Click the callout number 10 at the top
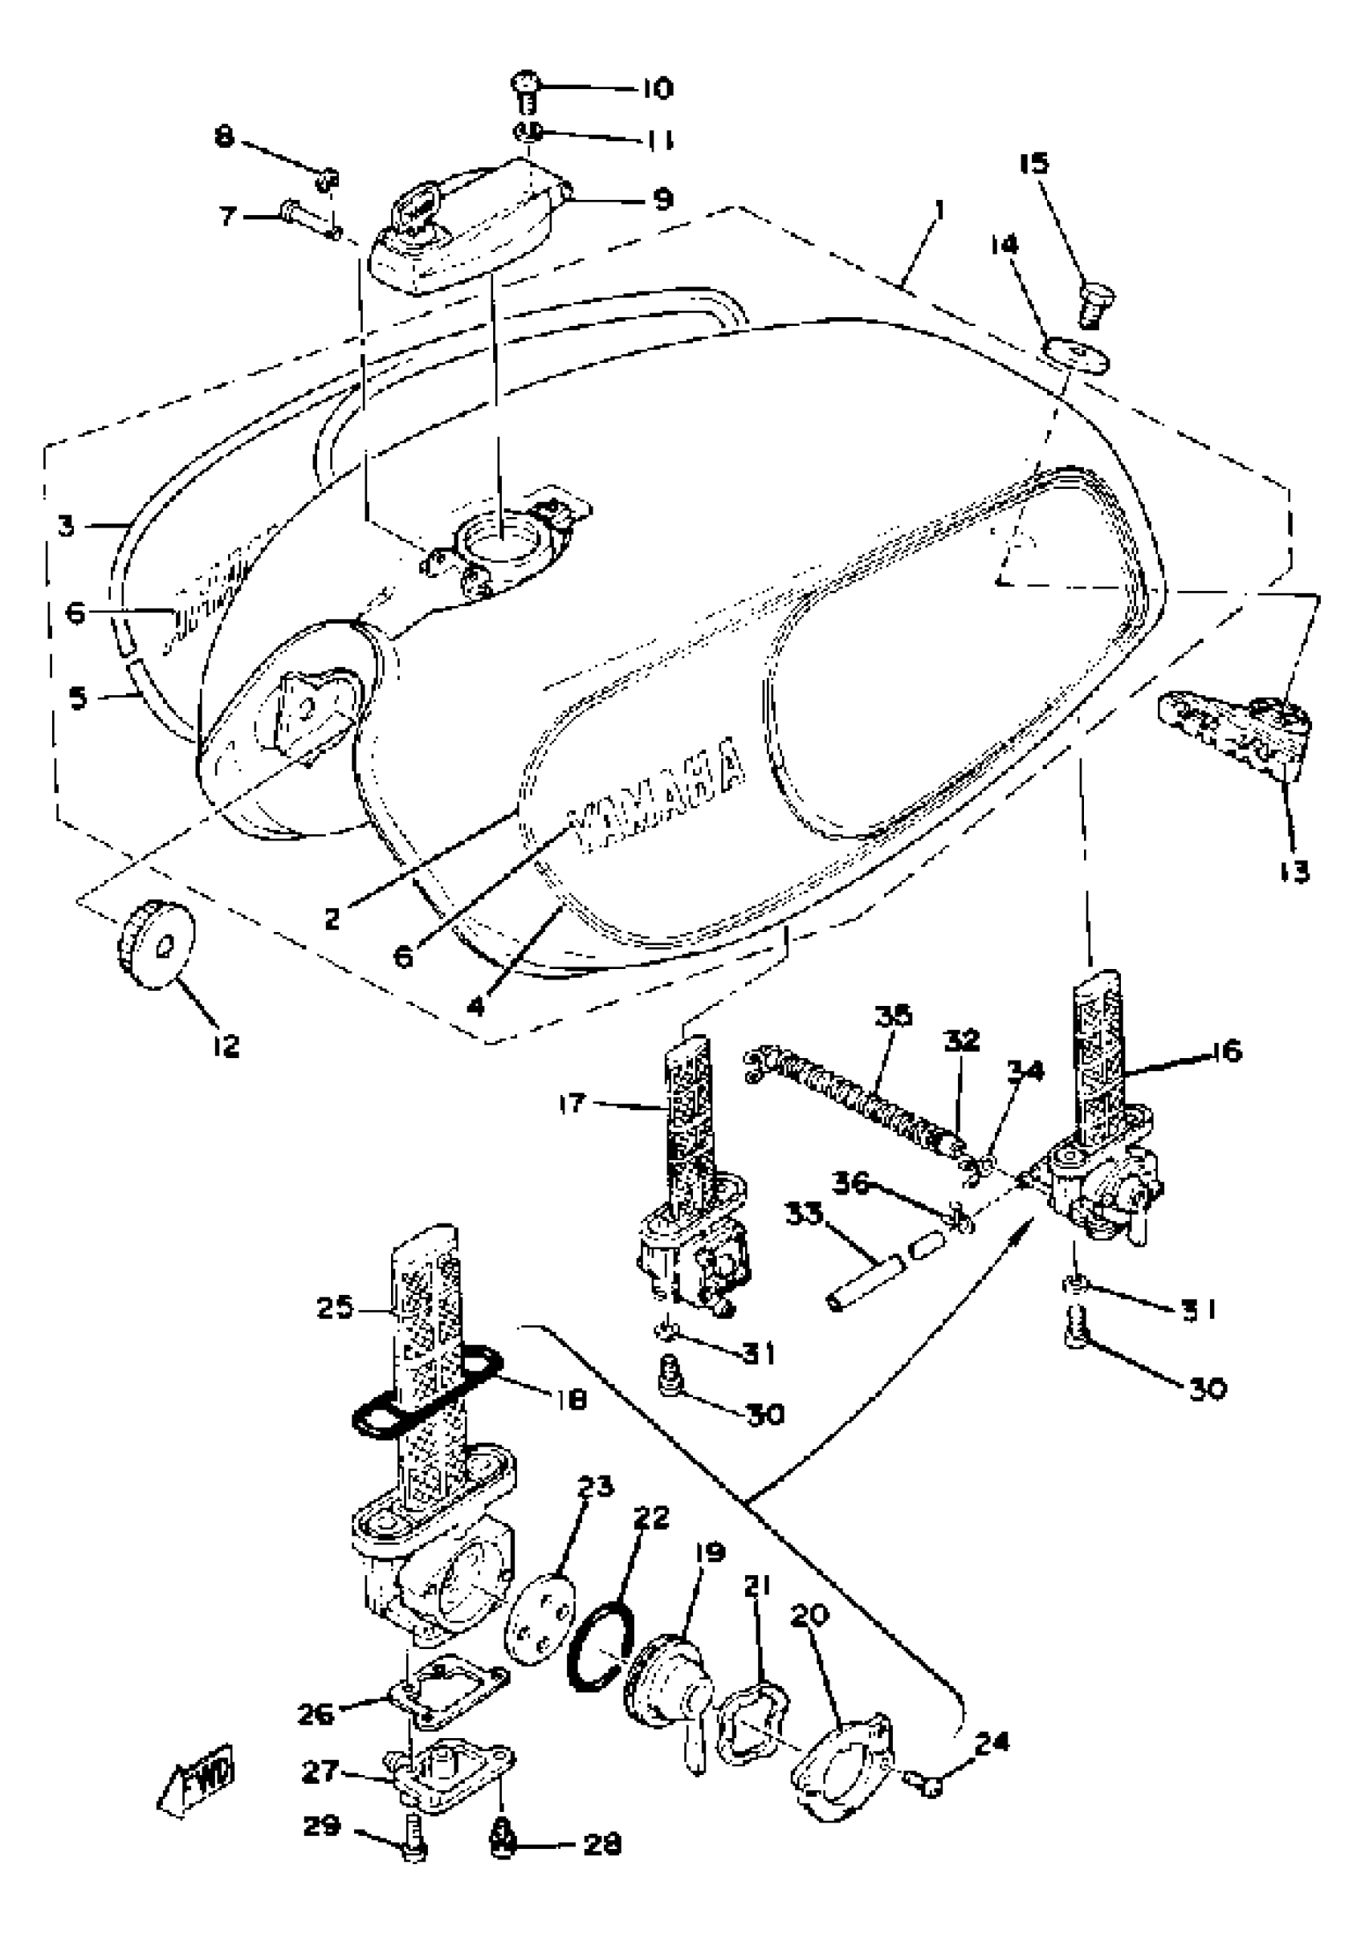pos(657,88)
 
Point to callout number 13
pos(1293,871)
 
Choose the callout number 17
pos(572,1102)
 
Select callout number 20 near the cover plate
pos(809,1614)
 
